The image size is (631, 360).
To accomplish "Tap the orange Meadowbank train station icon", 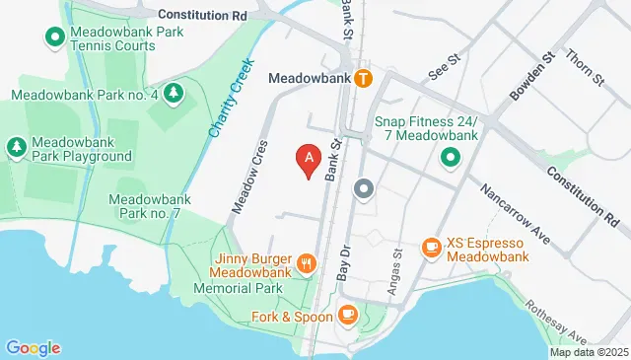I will click(364, 77).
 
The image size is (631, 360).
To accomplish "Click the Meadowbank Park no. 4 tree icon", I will click(174, 94).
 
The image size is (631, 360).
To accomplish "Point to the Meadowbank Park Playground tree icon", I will click(16, 147).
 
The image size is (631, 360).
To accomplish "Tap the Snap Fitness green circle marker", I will click(450, 156).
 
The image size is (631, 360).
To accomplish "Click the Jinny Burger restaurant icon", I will click(308, 263).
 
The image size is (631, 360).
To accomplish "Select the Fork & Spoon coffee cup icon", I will click(346, 315).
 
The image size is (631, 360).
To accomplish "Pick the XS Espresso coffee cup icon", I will click(430, 247).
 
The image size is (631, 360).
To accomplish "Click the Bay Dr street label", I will click(344, 262).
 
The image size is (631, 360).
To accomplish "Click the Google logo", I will click(33, 347).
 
